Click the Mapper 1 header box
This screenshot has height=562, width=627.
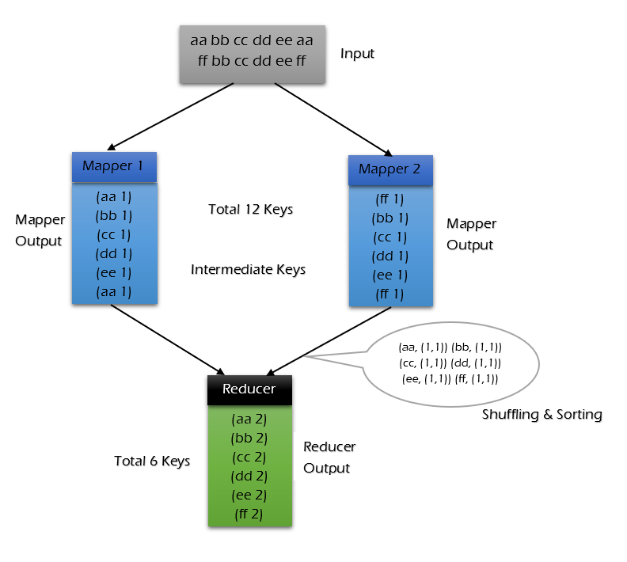pos(114,167)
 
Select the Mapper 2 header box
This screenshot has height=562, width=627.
pos(390,169)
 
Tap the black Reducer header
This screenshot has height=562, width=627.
pos(249,389)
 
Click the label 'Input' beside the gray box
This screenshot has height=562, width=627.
pos(357,54)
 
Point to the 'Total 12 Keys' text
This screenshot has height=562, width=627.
pos(250,210)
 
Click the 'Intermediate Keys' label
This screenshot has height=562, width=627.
pos(248,270)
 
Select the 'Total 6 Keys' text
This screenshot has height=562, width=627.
pos(152,461)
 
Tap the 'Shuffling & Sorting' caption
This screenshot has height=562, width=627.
pos(542,415)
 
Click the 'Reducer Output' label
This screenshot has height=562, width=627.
pos(329,458)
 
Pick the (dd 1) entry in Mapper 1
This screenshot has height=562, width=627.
pos(114,253)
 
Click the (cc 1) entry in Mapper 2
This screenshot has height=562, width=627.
pos(389,237)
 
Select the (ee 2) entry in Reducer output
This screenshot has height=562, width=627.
pos(249,496)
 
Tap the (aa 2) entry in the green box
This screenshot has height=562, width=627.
pos(249,420)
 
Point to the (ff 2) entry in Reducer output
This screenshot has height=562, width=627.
pos(249,515)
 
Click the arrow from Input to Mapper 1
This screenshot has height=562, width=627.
pos(169,116)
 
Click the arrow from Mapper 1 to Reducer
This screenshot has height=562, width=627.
pos(167,339)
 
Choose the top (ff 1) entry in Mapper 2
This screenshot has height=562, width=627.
pos(389,199)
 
